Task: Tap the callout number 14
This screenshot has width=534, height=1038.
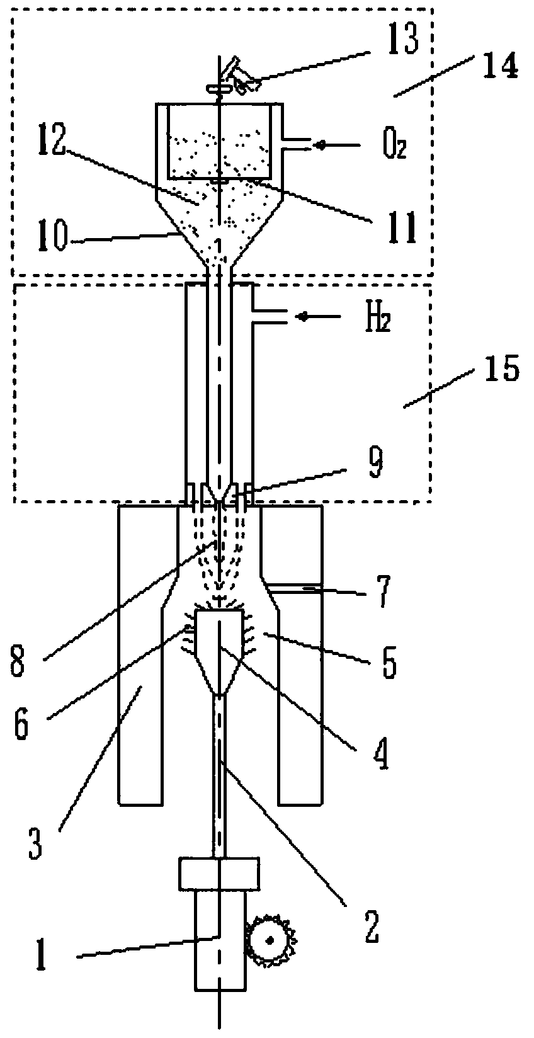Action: (x=499, y=65)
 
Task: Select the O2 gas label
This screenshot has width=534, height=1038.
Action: (x=394, y=147)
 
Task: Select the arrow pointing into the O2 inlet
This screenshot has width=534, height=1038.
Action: (x=321, y=145)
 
